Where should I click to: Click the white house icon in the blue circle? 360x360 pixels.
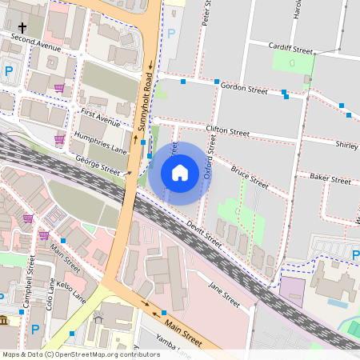click(180, 173)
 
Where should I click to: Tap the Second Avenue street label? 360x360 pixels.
click(36, 42)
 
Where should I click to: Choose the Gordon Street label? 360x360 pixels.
click(244, 86)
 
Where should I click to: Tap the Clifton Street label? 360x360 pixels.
click(228, 130)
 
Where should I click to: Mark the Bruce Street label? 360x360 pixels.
click(250, 177)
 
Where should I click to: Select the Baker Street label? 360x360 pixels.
click(330, 181)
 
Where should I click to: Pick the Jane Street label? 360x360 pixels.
click(224, 294)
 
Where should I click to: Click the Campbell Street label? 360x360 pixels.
click(28, 282)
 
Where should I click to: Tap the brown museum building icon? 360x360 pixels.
click(5, 321)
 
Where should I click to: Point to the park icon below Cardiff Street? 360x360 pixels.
click(294, 62)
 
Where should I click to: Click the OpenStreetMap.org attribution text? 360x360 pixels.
click(96, 354)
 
